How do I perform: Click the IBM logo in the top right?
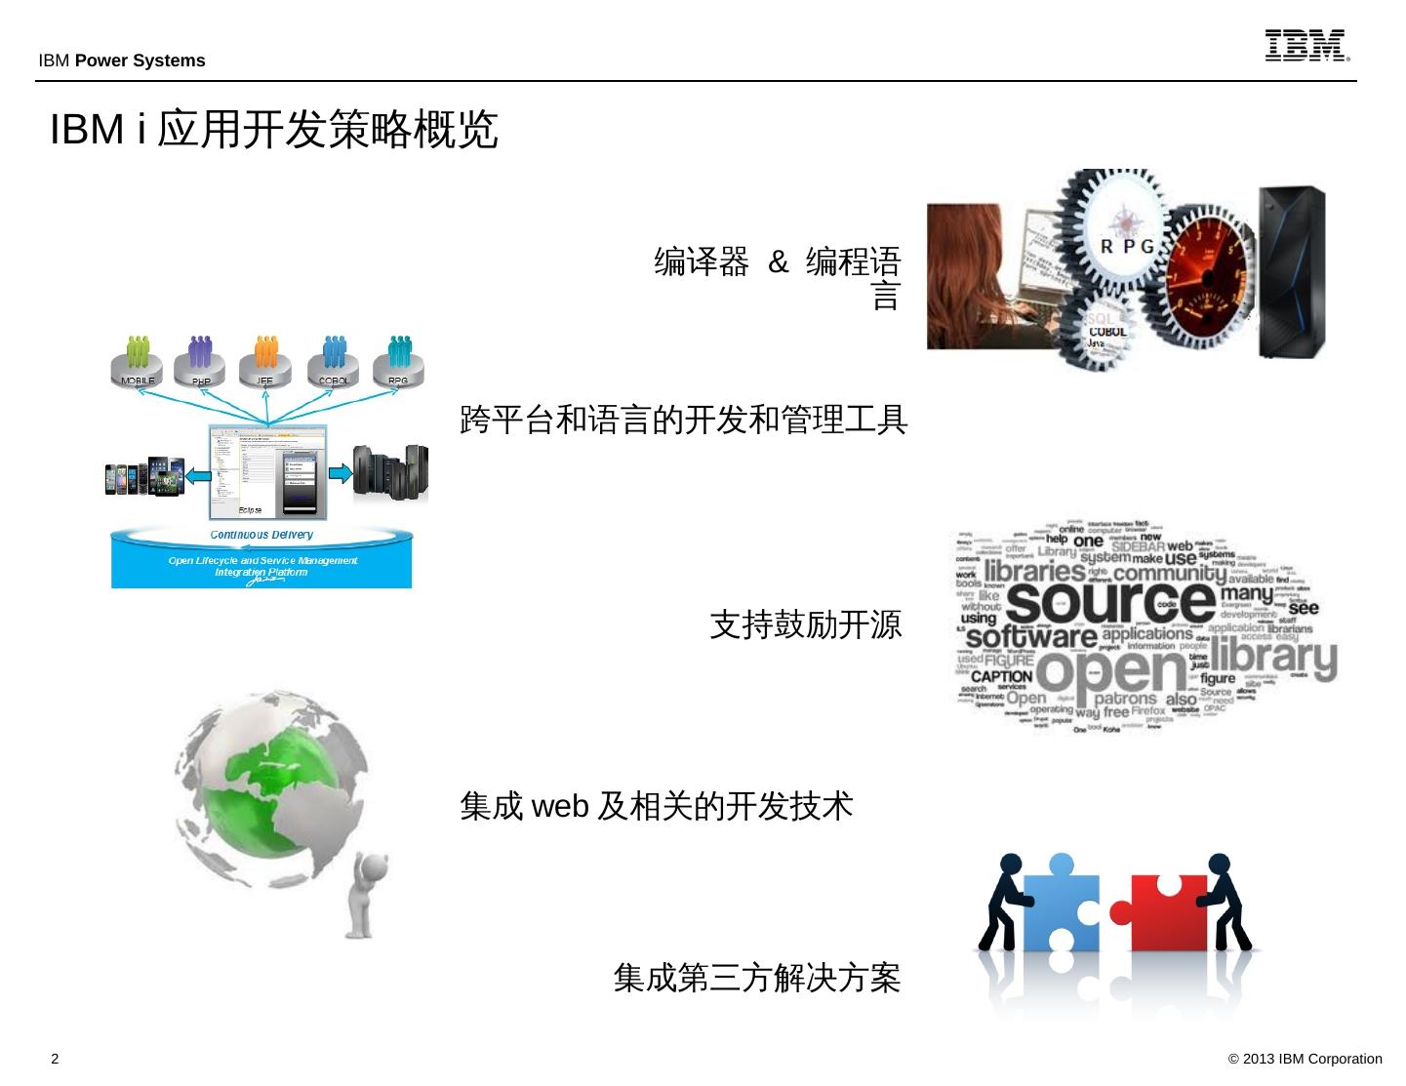coord(1306,46)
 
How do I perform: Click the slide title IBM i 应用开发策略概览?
coord(274,130)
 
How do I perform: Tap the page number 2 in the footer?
coord(55,1059)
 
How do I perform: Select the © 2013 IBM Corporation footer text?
coord(1305,1059)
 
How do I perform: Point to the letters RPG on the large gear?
coord(1127,246)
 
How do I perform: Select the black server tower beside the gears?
coord(1291,272)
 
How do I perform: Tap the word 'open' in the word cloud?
coord(1112,671)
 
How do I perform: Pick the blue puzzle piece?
coord(1062,904)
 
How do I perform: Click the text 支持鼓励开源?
coord(805,624)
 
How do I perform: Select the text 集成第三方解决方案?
coord(756,977)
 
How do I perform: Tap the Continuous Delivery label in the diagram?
coord(261,535)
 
